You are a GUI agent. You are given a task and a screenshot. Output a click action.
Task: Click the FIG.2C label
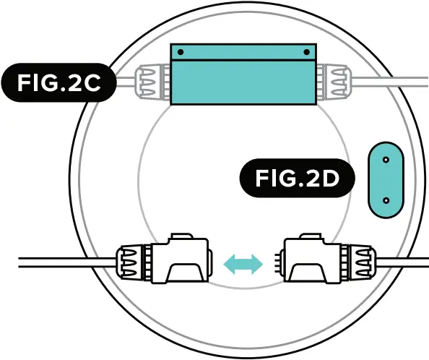pos(58,82)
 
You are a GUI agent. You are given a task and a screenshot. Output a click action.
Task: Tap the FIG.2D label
pos(298,178)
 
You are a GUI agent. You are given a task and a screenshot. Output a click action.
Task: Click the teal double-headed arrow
pos(243,264)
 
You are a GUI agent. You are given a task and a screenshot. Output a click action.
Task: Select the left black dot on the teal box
pos(181,52)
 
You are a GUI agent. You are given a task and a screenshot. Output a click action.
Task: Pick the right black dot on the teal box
pos(307,52)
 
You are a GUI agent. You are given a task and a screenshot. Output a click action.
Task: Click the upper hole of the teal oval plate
pos(386,160)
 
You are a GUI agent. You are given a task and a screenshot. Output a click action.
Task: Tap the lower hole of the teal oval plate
pos(386,201)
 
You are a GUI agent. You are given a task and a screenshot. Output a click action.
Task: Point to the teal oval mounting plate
pos(386,180)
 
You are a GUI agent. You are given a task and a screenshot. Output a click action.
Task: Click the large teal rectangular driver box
pos(243,74)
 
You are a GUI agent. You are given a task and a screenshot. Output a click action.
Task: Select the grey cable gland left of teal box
pos(152,82)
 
